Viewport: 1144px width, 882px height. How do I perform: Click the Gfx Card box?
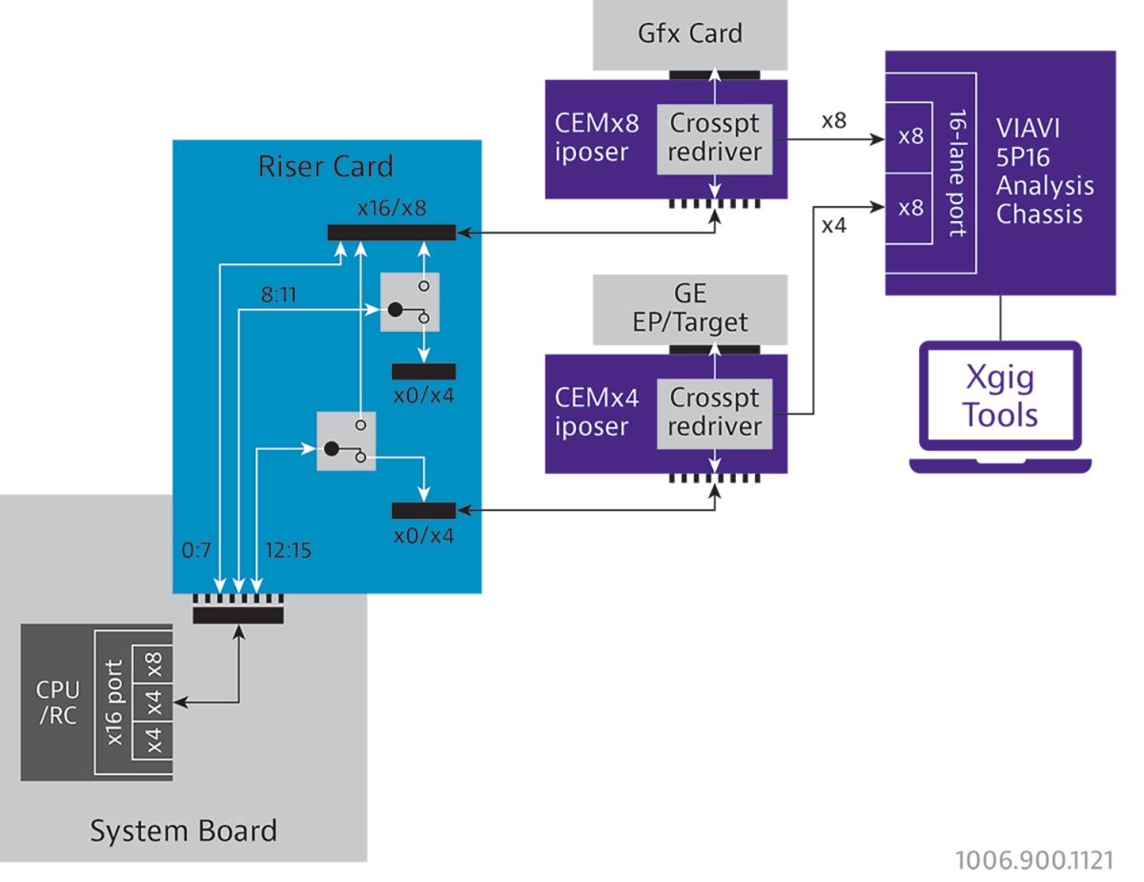coord(689,34)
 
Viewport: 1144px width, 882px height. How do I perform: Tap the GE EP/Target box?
coord(689,309)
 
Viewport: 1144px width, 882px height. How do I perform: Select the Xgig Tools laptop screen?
coord(1000,396)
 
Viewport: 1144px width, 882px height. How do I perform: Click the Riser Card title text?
coord(326,167)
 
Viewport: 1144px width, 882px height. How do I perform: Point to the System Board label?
coord(183,831)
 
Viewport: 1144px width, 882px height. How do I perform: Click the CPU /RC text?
coord(58,703)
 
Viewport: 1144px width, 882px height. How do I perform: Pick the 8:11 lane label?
coord(279,295)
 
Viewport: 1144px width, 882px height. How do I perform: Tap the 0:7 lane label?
coord(196,550)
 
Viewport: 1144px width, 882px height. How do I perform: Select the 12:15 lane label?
coord(288,550)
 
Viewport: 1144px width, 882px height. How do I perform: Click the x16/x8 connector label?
coord(392,208)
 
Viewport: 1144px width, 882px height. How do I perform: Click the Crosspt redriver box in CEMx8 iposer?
coord(714,139)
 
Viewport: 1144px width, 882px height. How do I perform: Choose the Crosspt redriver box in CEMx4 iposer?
coord(714,414)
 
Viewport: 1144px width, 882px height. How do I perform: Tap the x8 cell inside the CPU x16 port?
coord(153,664)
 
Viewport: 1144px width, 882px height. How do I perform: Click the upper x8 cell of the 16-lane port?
coord(909,137)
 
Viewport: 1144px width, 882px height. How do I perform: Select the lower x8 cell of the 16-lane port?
coord(909,209)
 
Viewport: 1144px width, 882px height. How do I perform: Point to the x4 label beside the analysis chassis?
coord(834,225)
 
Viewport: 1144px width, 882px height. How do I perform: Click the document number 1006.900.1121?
coord(1034,860)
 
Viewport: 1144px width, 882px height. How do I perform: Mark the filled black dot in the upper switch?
coord(396,310)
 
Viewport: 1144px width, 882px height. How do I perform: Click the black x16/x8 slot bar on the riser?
coord(392,233)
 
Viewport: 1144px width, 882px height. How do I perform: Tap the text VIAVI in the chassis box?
coord(1028,129)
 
